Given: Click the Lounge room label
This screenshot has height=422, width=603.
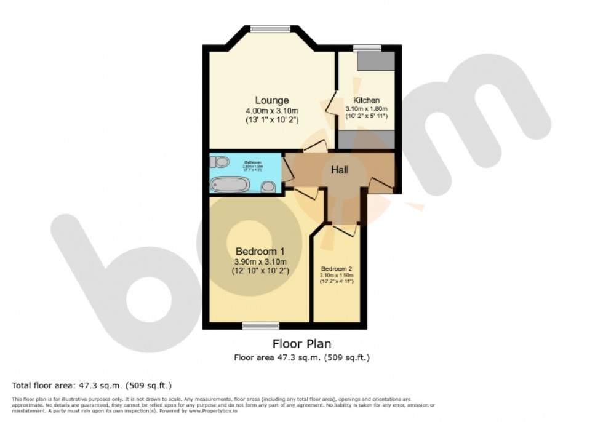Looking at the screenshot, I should click(272, 100).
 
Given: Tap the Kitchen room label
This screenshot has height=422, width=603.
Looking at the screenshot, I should click(366, 100).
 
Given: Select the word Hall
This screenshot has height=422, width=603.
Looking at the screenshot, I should click(340, 170).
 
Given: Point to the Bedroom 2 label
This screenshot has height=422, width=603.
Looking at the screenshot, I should click(336, 269).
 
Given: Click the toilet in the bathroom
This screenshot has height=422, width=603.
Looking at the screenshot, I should click(220, 162).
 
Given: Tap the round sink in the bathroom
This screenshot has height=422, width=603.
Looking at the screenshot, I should click(268, 187).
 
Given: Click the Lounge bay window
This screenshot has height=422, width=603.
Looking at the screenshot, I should click(271, 28).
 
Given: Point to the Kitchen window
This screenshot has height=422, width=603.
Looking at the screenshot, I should click(367, 47).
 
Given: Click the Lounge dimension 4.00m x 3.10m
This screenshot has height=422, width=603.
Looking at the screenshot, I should click(271, 111).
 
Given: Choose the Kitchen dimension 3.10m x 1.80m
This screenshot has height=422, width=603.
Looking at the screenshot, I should click(366, 109).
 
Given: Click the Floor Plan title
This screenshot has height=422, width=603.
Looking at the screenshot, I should click(301, 344).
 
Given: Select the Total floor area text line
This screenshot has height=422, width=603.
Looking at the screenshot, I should click(92, 386).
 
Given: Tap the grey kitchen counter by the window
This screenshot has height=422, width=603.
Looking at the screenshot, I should click(375, 60).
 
